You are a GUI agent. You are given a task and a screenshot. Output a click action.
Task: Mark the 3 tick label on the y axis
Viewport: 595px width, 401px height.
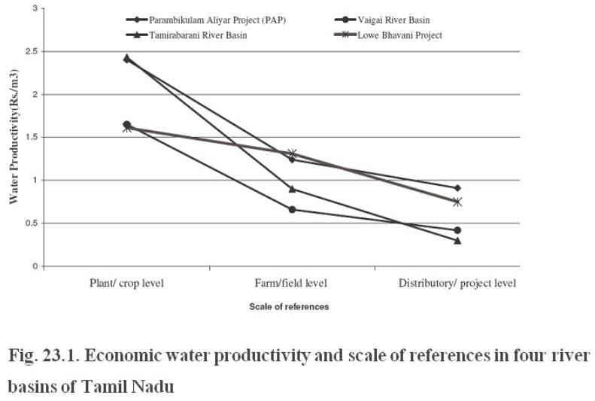click(x=33, y=9)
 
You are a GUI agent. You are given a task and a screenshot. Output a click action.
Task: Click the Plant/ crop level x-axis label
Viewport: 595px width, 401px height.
click(x=127, y=283)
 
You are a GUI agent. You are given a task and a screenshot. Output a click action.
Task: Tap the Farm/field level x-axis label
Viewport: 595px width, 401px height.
click(x=292, y=283)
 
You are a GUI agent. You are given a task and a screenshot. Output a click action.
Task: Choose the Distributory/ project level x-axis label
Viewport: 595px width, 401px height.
click(x=457, y=283)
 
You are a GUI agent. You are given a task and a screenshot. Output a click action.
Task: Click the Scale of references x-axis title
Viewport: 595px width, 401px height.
click(x=289, y=307)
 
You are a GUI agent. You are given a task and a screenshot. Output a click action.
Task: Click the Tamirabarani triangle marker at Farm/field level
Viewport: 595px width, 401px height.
click(x=292, y=189)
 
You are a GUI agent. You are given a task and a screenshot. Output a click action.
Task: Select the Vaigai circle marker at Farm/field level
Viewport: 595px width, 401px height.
click(x=292, y=209)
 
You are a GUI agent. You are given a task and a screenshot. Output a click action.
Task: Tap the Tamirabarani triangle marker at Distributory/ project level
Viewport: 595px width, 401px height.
click(x=457, y=240)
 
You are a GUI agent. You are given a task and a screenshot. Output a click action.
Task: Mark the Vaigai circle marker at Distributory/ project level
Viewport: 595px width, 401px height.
click(x=457, y=230)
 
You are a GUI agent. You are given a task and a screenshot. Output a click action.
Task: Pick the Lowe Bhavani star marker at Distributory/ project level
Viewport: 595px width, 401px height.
click(x=457, y=202)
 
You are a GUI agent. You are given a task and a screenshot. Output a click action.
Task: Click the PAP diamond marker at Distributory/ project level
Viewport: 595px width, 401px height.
click(x=457, y=188)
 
